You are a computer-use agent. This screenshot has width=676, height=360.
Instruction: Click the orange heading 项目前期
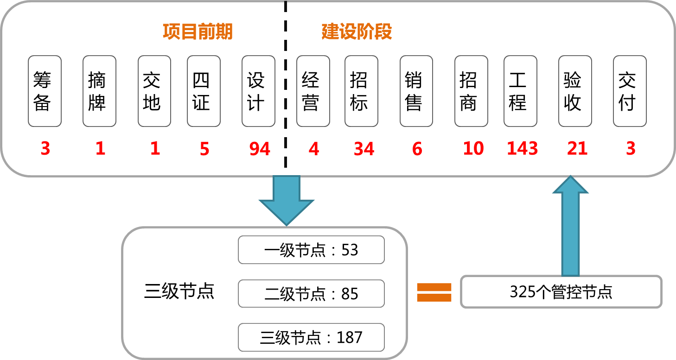[x=198, y=32]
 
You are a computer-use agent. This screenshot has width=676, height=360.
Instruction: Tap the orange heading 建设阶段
[x=357, y=32]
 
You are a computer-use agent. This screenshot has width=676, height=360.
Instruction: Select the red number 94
[x=260, y=149]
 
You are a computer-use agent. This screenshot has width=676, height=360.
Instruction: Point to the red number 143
[x=522, y=149]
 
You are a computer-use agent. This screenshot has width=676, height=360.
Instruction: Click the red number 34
[x=364, y=149]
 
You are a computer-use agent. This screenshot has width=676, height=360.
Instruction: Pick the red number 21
[x=577, y=149]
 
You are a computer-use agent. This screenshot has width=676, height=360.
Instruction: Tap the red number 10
[x=473, y=149]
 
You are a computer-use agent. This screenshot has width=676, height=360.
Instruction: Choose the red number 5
[x=204, y=149]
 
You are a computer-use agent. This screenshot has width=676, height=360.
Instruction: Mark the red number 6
[x=417, y=149]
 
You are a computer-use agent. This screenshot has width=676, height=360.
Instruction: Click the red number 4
[x=314, y=149]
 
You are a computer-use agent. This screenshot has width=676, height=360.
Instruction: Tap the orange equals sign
[x=434, y=292]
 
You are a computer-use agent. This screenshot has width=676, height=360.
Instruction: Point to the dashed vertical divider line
[x=285, y=93]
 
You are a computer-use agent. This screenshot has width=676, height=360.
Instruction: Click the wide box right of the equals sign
[x=561, y=291]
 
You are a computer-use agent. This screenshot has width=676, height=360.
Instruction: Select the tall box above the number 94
[x=258, y=91]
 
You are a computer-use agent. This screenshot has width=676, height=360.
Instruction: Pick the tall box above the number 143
[x=520, y=91]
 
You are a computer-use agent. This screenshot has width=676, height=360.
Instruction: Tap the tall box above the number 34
[x=361, y=91]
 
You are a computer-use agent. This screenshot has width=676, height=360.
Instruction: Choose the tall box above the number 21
[x=575, y=91]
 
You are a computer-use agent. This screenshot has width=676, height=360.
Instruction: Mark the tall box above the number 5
[x=204, y=91]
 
